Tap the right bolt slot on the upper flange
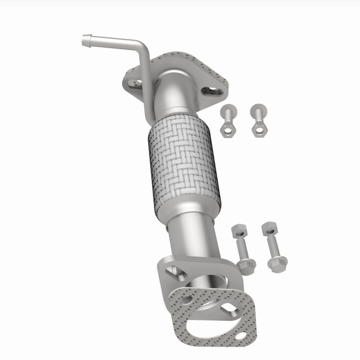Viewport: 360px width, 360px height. pos(212,91)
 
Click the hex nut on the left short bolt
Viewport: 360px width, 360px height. pos(227,129)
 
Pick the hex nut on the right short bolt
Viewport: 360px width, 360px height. pos(258,128)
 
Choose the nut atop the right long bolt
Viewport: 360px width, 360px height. pos(269,228)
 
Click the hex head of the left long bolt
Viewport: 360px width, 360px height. pos(247,266)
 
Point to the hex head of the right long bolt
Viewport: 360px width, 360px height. pos(277,263)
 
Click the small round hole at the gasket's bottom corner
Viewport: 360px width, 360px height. pos(240,336)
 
